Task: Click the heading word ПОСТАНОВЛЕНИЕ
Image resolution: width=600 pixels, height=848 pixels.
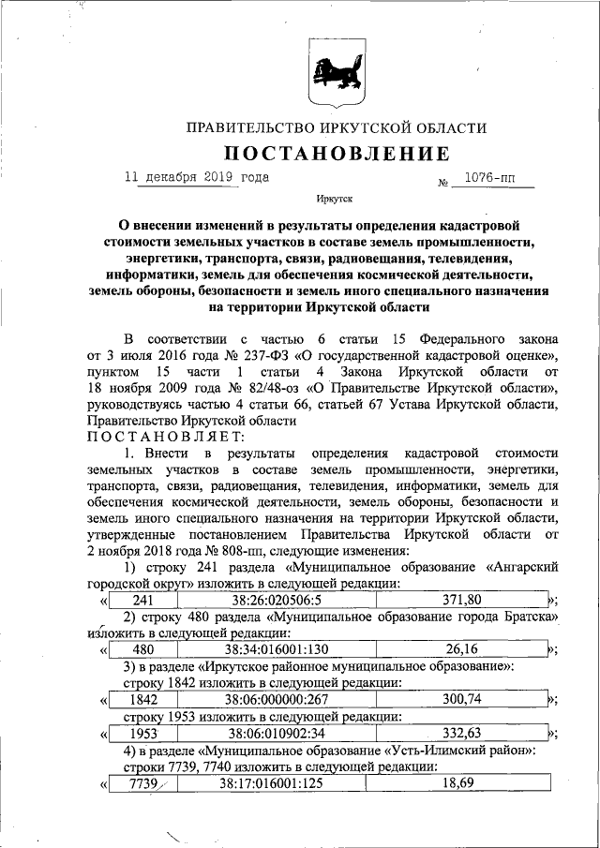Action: click(x=335, y=153)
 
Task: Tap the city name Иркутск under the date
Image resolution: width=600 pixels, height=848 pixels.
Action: click(x=335, y=199)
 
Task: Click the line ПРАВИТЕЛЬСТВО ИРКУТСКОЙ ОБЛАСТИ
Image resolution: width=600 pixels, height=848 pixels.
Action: click(x=336, y=127)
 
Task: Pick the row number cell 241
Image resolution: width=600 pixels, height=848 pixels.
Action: click(x=142, y=600)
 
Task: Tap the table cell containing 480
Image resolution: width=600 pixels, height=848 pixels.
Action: click(x=142, y=649)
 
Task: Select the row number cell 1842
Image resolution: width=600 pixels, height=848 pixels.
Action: click(x=142, y=699)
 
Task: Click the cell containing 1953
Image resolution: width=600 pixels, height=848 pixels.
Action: click(x=142, y=733)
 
